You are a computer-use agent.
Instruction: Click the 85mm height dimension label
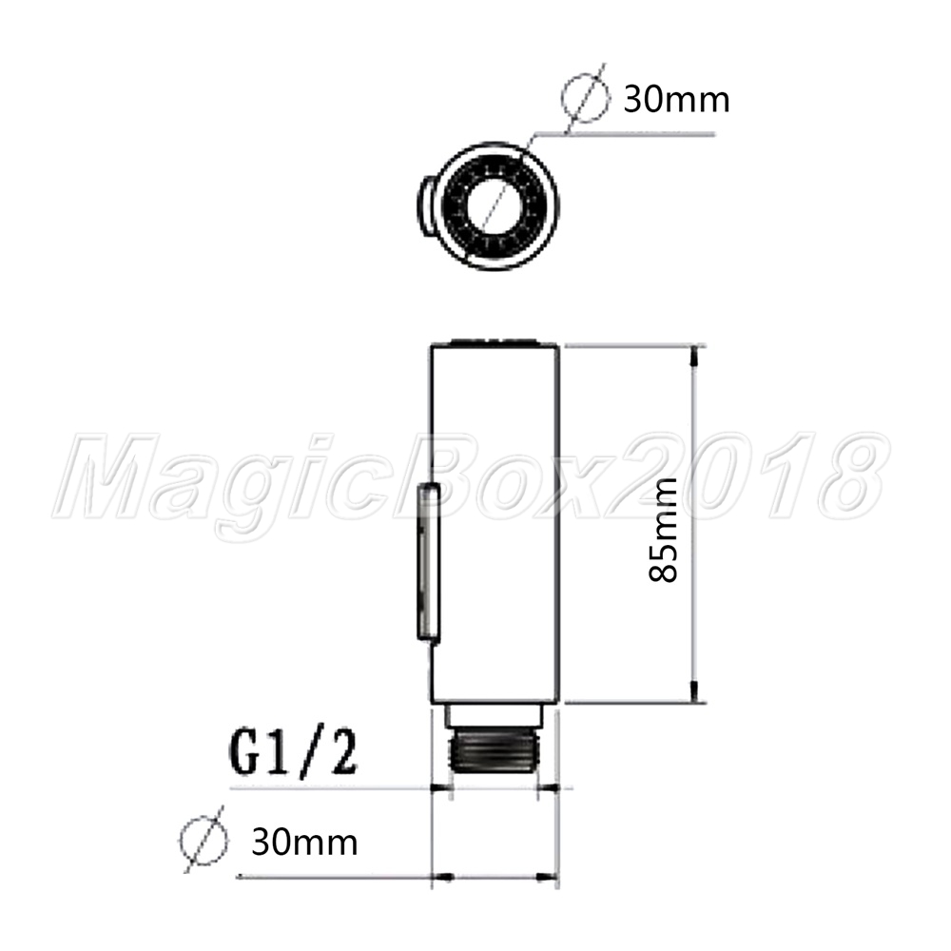(663, 530)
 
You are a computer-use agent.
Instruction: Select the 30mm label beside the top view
(676, 100)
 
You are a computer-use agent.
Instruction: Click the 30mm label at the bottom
(304, 843)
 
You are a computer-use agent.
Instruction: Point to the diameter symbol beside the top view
(585, 98)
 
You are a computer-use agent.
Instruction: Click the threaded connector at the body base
(495, 750)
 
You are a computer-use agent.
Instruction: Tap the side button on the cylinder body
(428, 562)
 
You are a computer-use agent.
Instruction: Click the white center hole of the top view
(495, 205)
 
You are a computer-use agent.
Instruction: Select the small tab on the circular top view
(426, 205)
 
